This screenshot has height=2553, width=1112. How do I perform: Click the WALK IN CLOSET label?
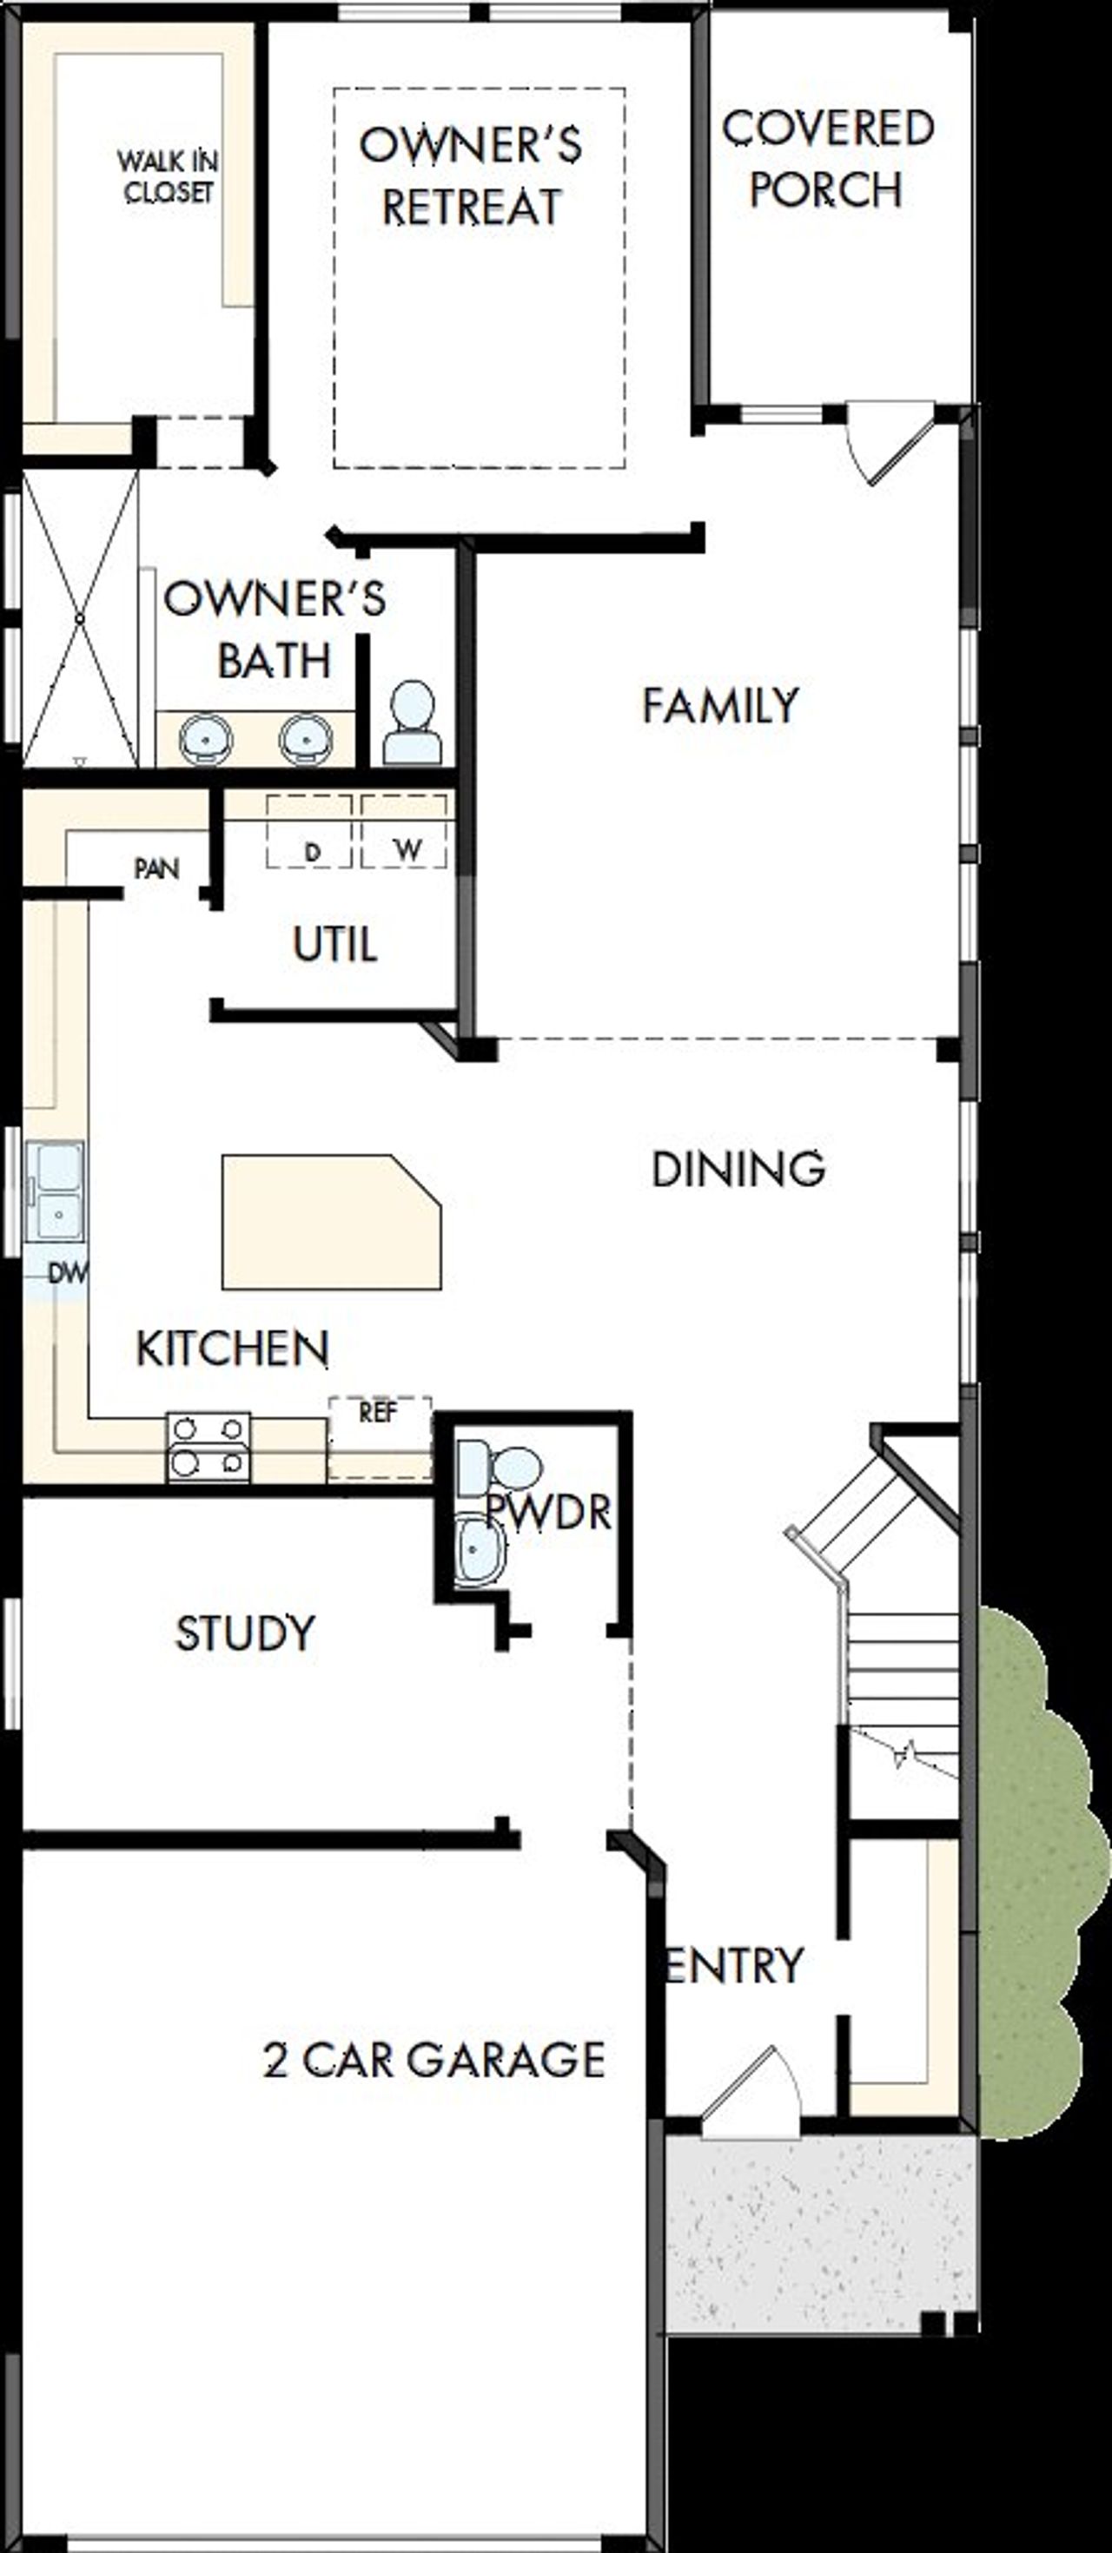click(x=168, y=175)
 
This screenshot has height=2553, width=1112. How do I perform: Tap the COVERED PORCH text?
click(x=826, y=159)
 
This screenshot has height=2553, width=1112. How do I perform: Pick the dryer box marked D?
click(x=310, y=833)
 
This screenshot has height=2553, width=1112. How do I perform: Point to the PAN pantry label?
click(x=156, y=869)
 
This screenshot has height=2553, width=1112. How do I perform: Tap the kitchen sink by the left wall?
click(x=56, y=1190)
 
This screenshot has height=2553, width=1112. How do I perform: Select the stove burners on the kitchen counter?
click(x=208, y=1447)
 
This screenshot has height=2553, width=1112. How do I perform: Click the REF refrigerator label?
click(x=378, y=1414)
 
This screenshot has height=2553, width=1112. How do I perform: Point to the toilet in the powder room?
click(x=500, y=1465)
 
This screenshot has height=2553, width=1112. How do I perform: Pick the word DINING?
click(x=738, y=1170)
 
